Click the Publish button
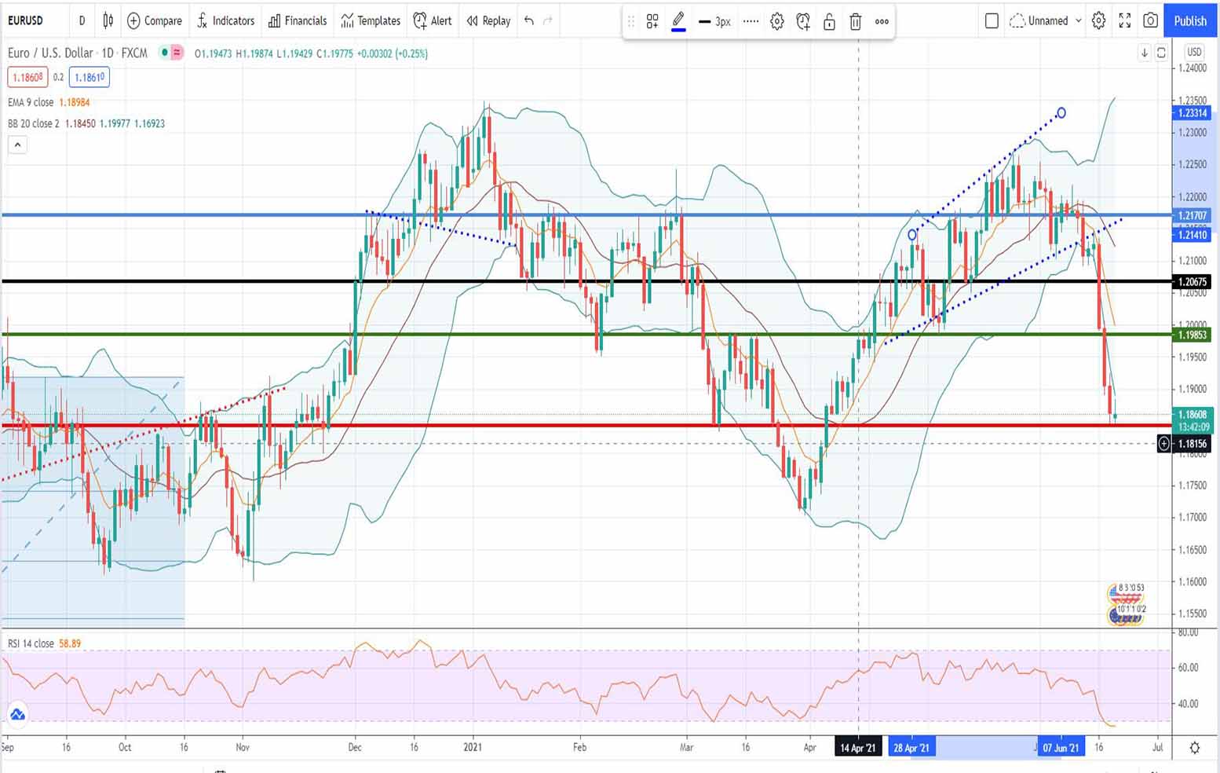(1189, 21)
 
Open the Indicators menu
(226, 21)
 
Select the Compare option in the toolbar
(155, 21)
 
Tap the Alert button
(433, 21)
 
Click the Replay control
(488, 21)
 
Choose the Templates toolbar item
(371, 21)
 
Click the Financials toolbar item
(298, 21)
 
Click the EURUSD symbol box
(26, 20)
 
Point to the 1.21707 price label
(1192, 215)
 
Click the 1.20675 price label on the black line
(1192, 282)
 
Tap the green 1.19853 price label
(1192, 335)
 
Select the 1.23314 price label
(1192, 113)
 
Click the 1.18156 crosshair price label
(1192, 445)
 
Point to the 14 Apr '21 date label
(857, 748)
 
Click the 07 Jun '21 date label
(1060, 748)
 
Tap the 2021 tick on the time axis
(473, 747)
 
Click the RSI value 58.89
(70, 643)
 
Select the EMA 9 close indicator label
(31, 103)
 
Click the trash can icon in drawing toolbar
(856, 22)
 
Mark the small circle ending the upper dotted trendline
(1061, 113)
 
